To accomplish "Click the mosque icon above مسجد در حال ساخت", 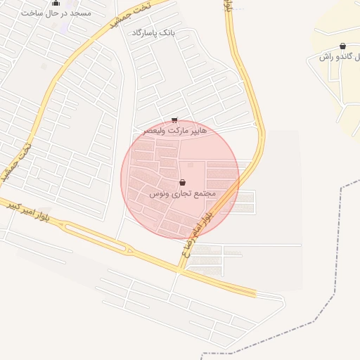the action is [56, 3].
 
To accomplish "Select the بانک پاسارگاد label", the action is [153, 33].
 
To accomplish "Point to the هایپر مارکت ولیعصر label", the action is [175, 131].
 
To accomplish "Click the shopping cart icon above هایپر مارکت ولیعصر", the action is [174, 120].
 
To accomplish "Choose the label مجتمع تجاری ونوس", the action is [183, 193].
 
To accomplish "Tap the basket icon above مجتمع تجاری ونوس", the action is [183, 182].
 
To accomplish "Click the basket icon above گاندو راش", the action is [342, 46].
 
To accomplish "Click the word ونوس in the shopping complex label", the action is [160, 193].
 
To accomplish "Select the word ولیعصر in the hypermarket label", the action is [155, 131].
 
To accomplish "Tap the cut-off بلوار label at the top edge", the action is [228, 6].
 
